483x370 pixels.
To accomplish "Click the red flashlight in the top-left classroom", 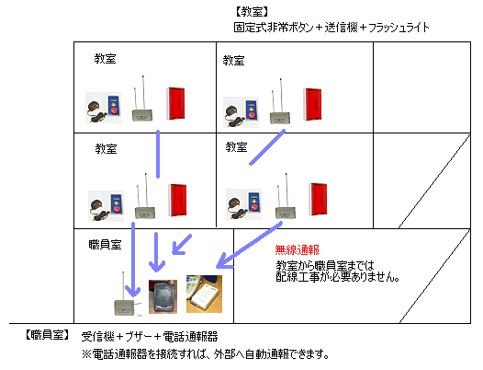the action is [176, 103].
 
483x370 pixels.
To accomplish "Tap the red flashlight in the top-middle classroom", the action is [312, 104].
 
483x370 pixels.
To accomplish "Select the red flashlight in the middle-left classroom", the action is [178, 200].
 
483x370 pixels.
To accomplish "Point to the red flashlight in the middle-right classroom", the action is [319, 199].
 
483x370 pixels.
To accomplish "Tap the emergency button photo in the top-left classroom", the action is [103, 108].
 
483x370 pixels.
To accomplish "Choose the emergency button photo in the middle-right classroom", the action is [243, 204].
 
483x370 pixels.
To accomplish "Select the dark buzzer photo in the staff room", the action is [163, 296].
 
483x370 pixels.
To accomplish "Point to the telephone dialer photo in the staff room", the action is [204, 294].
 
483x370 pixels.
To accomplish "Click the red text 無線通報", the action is [297, 249].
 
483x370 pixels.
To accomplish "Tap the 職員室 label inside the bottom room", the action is [105, 245].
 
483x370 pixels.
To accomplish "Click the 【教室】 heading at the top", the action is [252, 12].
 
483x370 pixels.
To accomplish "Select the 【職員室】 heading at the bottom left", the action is [47, 335].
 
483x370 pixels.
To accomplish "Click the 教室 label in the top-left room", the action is [105, 58].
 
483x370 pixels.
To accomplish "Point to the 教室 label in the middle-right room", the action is [236, 146].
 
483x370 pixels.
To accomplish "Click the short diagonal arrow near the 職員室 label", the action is [182, 245].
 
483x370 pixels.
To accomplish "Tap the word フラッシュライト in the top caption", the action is [399, 28].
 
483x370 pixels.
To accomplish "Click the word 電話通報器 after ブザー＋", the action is [190, 337].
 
